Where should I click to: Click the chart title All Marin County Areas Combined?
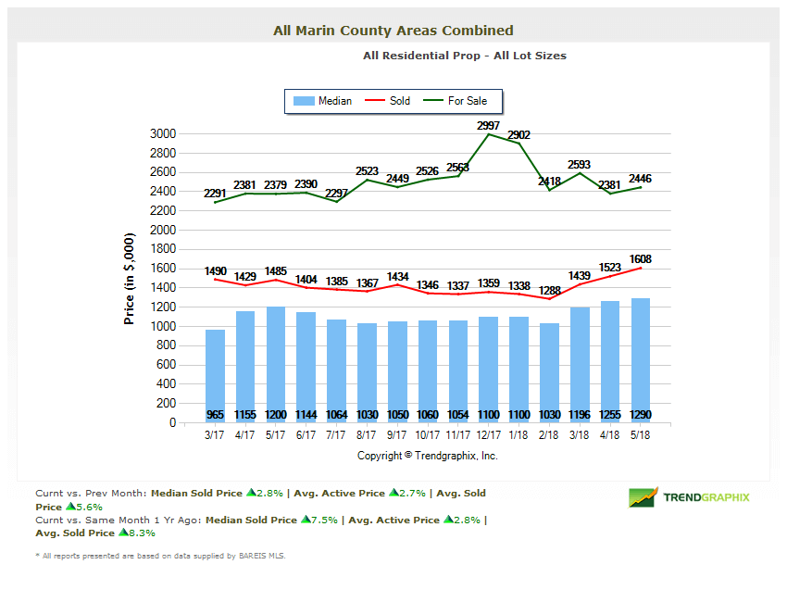[x=393, y=31]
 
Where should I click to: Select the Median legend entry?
[x=321, y=101]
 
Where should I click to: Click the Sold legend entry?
[x=389, y=101]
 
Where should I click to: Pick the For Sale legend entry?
[x=456, y=101]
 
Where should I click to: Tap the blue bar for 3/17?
[x=215, y=375]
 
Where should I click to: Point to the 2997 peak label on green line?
[x=488, y=125]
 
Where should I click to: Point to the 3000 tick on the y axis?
[x=163, y=133]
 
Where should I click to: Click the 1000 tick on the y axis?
[x=163, y=326]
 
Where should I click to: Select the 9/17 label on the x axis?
[x=398, y=434]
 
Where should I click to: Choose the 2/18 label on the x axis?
[x=550, y=434]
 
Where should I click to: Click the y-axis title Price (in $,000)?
[x=130, y=278]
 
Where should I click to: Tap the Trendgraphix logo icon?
[x=643, y=497]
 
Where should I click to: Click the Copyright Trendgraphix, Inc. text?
[x=428, y=456]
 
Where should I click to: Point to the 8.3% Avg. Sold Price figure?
[x=137, y=533]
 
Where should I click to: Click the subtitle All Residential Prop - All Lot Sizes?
[x=465, y=56]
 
